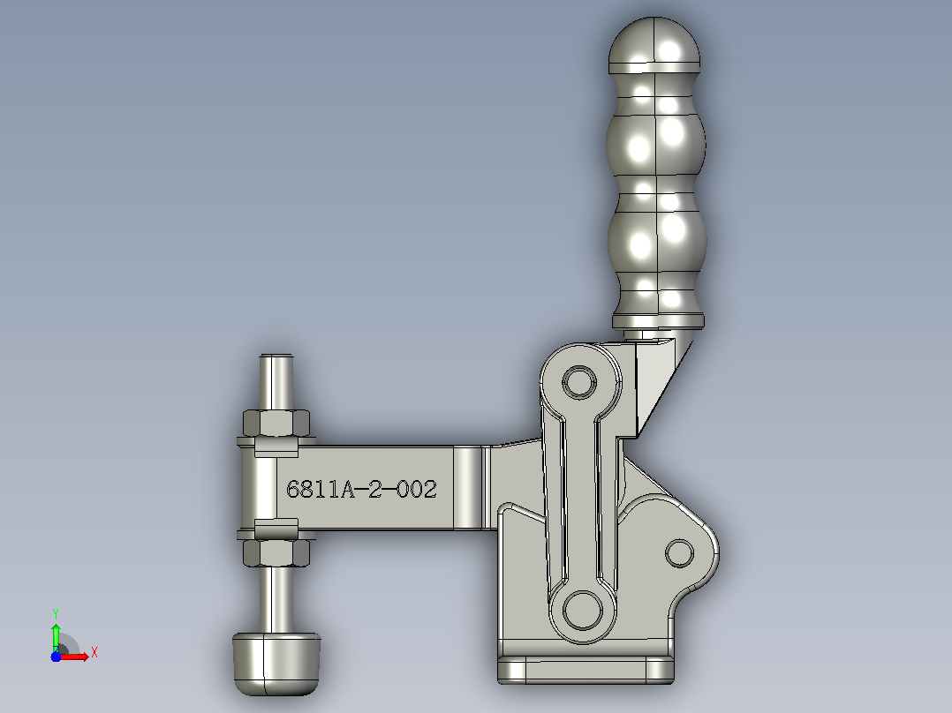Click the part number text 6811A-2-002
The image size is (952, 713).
pos(361,489)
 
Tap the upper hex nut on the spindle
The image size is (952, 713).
pos(276,423)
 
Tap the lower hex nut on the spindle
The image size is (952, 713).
pos(276,552)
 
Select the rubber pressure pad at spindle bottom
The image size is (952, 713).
pos(276,664)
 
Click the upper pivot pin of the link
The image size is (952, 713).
pos(579,382)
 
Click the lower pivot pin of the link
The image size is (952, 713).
pos(583,610)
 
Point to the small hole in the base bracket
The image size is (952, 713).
pos(679,553)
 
